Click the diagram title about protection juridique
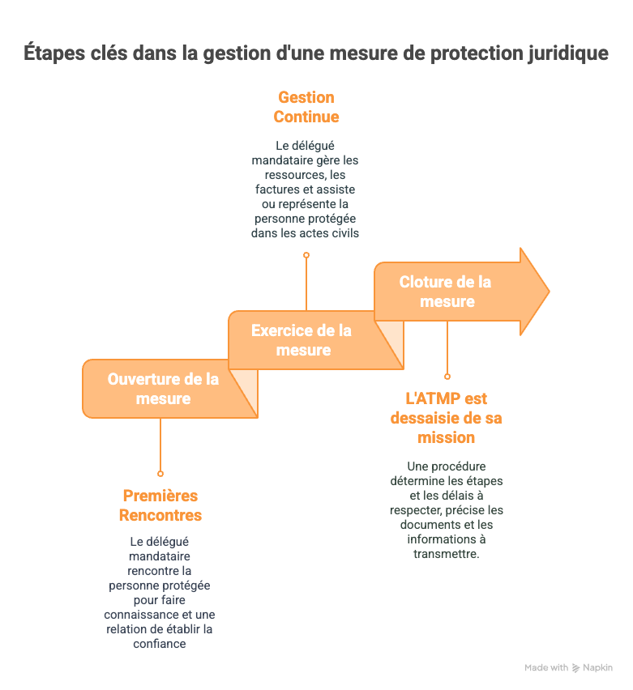[315, 54]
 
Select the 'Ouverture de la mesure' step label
[163, 389]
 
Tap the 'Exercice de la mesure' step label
[302, 340]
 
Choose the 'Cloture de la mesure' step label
[446, 292]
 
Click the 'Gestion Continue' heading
[306, 107]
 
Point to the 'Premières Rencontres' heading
[160, 505]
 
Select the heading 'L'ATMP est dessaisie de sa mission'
[446, 418]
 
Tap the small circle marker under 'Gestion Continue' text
[306, 254]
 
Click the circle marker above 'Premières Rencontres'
[160, 473]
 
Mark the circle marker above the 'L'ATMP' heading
[447, 376]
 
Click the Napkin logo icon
[575, 668]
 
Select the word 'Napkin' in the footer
[597, 668]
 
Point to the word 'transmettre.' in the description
[446, 554]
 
